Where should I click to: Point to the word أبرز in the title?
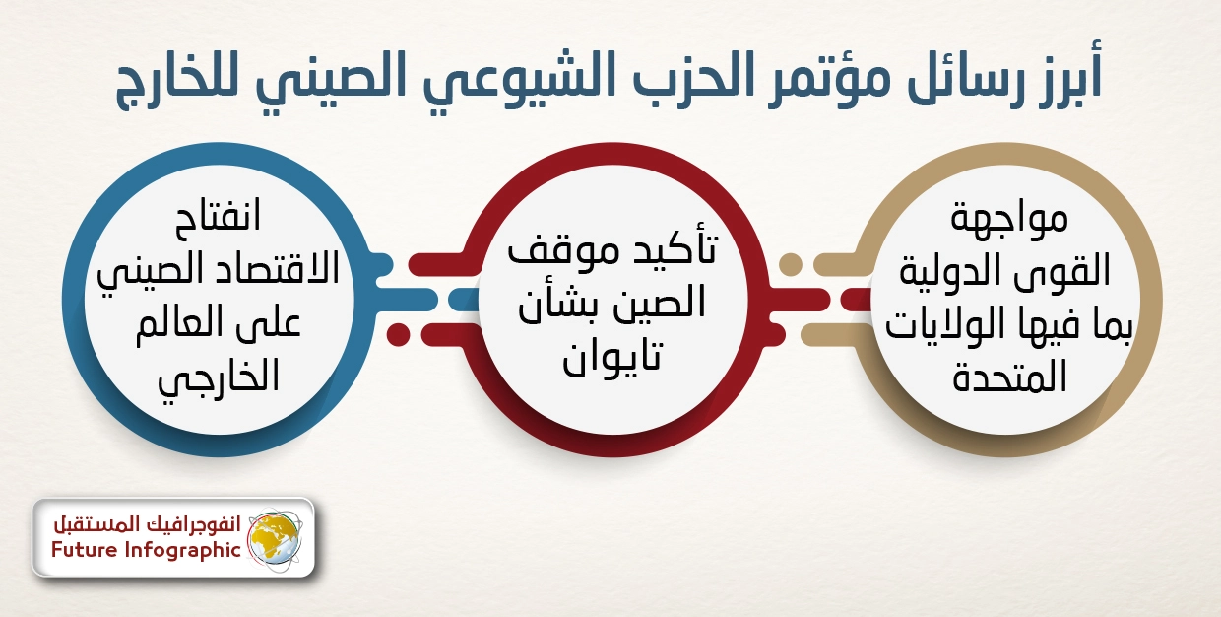[1059, 75]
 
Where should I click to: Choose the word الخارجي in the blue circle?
[218, 377]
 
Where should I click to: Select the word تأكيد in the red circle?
[672, 248]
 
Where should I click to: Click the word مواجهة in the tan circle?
[1009, 218]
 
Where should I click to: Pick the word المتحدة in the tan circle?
[1009, 377]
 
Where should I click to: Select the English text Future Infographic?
[146, 550]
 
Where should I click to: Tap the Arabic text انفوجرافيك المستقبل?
[147, 524]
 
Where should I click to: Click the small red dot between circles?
[398, 334]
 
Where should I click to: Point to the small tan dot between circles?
[791, 264]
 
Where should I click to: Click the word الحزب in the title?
[691, 78]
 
